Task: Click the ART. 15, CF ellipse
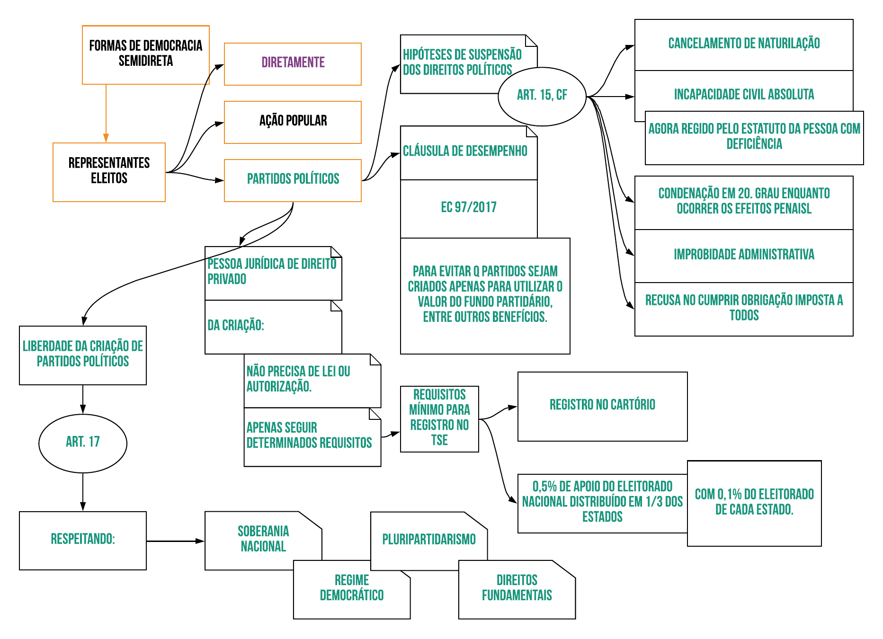[x=542, y=96]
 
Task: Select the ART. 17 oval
[x=83, y=443]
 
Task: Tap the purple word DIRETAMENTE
[x=293, y=62]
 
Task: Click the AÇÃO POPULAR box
[x=293, y=122]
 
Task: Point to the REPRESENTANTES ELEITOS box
[x=109, y=172]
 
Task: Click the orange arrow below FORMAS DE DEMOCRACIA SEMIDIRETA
[x=106, y=114]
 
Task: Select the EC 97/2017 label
[x=469, y=208]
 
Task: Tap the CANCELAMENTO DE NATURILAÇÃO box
[x=743, y=44]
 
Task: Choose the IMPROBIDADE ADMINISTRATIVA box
[x=743, y=255]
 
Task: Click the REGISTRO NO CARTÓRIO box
[x=602, y=406]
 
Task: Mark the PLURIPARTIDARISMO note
[x=428, y=540]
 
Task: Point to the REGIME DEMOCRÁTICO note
[x=351, y=588]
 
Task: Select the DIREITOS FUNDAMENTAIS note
[x=517, y=588]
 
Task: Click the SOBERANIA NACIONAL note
[x=263, y=539]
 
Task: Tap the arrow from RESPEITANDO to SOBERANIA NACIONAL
[x=175, y=541]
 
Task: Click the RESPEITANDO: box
[x=83, y=540]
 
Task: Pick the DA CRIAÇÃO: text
[x=236, y=326]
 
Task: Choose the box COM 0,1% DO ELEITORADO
[x=754, y=503]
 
